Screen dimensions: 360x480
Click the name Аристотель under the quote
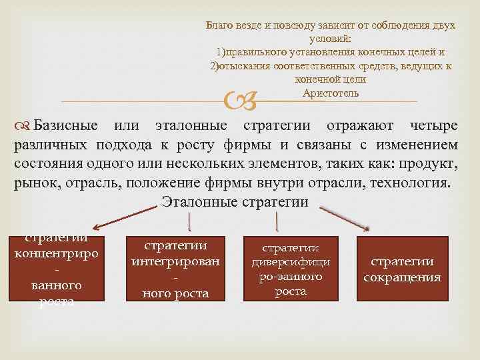pos(331,93)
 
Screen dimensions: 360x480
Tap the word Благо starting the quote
pos(219,25)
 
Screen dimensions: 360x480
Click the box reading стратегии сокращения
pos(402,269)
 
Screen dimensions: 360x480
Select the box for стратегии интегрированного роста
pos(176,269)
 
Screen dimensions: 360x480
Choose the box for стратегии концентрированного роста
pos(57,269)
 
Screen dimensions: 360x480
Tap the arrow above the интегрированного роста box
pos(191,220)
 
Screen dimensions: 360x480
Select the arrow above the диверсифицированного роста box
pos(277,220)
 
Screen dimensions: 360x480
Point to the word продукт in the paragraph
pos(431,163)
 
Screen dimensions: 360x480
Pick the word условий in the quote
pos(331,39)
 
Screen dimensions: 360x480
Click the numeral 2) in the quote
pos(215,65)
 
